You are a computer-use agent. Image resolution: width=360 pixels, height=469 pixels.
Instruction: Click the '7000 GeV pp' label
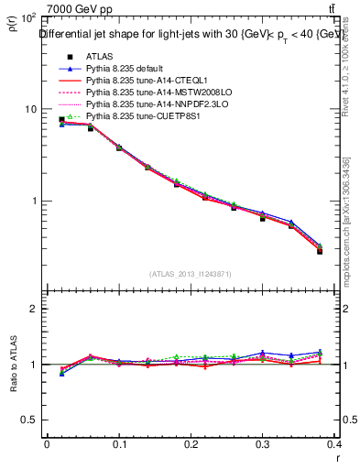(x=81, y=9)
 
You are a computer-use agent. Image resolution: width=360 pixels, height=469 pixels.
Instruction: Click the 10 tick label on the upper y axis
(x=30, y=109)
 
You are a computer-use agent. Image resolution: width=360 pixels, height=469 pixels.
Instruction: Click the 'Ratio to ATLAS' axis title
(x=13, y=365)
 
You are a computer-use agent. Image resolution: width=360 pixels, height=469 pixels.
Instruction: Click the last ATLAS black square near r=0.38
(x=320, y=250)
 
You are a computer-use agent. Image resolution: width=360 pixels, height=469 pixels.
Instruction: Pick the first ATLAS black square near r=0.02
(x=61, y=119)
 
